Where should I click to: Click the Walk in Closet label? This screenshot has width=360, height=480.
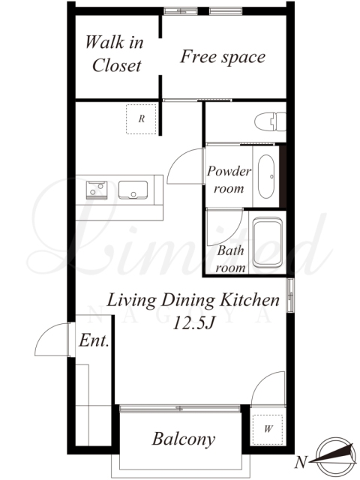[114, 54]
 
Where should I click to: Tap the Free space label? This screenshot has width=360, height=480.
[223, 57]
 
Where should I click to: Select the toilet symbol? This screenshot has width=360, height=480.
[270, 121]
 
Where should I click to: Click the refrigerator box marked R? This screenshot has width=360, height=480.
[141, 118]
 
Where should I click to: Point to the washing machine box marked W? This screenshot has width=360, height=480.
[268, 430]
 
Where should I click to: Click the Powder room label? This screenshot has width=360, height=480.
[229, 180]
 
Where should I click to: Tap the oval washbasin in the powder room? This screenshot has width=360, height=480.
[266, 176]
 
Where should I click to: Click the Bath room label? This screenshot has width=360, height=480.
[231, 259]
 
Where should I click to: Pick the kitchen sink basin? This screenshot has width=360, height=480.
[133, 190]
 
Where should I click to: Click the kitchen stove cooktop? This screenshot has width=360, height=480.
[97, 190]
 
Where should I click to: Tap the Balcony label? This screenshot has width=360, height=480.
[184, 439]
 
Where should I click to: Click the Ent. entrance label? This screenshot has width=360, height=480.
[94, 340]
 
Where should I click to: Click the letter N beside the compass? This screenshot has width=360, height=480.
[301, 462]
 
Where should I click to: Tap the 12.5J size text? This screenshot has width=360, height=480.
[193, 323]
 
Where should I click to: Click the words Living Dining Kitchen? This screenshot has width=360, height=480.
[193, 301]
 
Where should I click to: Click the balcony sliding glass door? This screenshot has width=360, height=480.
[180, 408]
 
